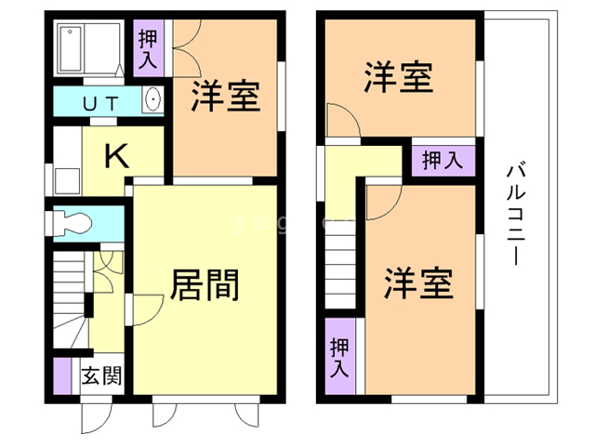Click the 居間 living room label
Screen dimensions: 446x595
click(204, 284)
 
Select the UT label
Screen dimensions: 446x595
click(99, 103)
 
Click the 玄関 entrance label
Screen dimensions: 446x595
click(100, 376)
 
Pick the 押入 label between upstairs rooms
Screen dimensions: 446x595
click(443, 159)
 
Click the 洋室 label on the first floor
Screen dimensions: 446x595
click(226, 97)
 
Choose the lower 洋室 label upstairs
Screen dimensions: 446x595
click(419, 282)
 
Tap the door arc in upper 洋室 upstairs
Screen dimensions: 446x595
click(340, 120)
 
